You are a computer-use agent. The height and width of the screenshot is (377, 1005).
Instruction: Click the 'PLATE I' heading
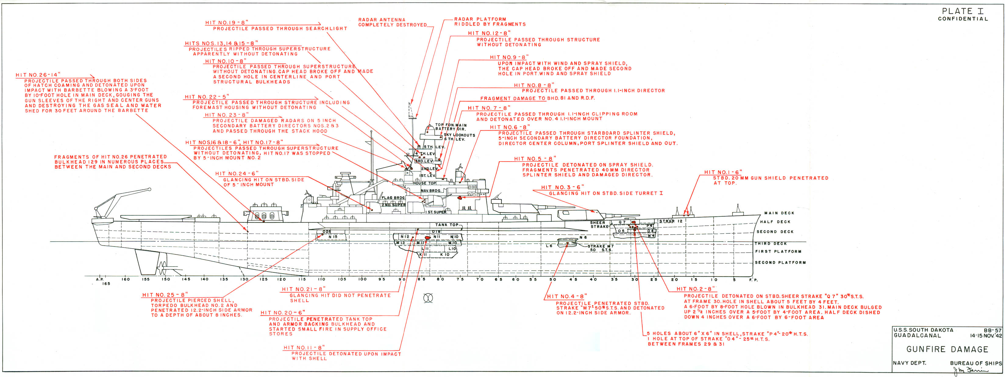pyautogui.click(x=962, y=11)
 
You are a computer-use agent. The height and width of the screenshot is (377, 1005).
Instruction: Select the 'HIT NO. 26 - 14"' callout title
pyautogui.click(x=38, y=75)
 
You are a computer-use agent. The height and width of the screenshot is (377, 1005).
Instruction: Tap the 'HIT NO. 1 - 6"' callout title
pyautogui.click(x=723, y=172)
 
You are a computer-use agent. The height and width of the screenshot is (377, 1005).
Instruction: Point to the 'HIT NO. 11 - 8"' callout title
pyautogui.click(x=304, y=347)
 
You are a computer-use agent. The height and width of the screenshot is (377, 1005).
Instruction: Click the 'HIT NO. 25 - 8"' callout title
pyautogui.click(x=165, y=295)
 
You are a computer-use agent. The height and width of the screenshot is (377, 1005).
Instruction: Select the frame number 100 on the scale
pyautogui.click(x=362, y=279)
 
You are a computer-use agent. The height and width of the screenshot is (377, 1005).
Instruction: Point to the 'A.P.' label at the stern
pyautogui.click(x=99, y=279)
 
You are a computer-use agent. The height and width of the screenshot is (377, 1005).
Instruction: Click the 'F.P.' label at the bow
pyautogui.click(x=753, y=280)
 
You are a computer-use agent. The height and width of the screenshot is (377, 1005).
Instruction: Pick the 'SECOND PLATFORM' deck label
pyautogui.click(x=780, y=262)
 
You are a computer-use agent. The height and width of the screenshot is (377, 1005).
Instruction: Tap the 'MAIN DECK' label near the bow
pyautogui.click(x=779, y=213)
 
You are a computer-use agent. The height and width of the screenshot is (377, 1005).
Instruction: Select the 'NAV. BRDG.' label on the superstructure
pyautogui.click(x=431, y=190)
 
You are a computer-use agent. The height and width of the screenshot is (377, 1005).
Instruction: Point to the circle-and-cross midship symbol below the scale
pyautogui.click(x=428, y=299)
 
